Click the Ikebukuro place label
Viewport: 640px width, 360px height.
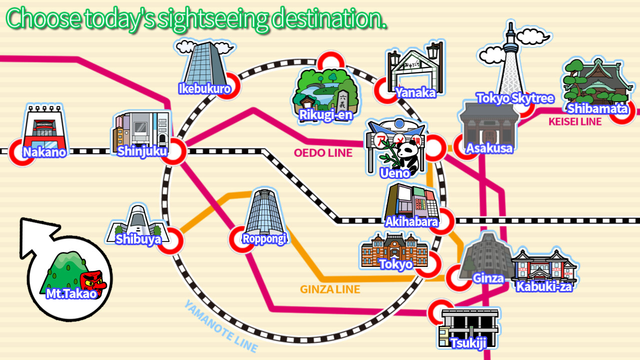(204, 89)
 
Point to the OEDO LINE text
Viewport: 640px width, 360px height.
(323, 152)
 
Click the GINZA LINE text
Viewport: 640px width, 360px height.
(329, 289)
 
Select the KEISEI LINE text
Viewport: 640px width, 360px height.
(575, 121)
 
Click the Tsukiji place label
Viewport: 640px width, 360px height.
(467, 343)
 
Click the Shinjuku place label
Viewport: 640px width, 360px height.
(142, 150)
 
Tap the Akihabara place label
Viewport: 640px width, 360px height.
(411, 221)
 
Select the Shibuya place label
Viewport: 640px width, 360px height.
(138, 239)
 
